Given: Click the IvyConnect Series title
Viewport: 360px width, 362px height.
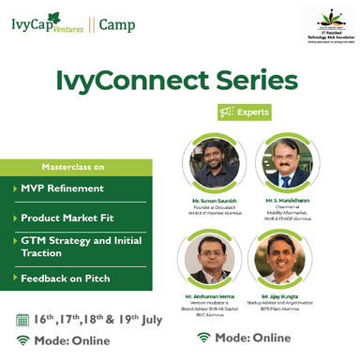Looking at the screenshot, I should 180,76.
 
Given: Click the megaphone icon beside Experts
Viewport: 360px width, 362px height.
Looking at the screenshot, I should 226,113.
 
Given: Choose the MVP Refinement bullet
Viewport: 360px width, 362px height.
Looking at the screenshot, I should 60,189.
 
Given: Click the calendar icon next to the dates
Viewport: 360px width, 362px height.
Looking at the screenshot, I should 23,319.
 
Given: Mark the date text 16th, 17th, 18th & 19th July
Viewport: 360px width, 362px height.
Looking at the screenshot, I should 98,318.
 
